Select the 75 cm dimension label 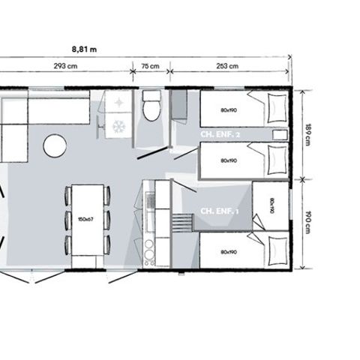pyautogui.click(x=150, y=66)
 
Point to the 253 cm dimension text pyautogui.click(x=228, y=66)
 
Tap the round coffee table pyautogui.click(x=55, y=145)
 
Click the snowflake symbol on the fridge pyautogui.click(x=118, y=127)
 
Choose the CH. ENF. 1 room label pyautogui.click(x=218, y=211)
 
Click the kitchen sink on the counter pyautogui.click(x=148, y=201)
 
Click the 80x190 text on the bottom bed pyautogui.click(x=229, y=252)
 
